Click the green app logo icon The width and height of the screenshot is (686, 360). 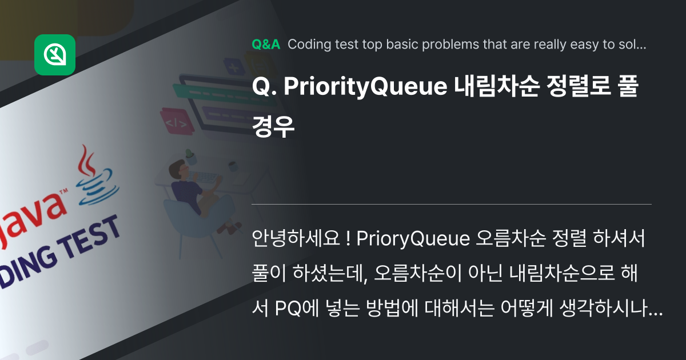coord(55,55)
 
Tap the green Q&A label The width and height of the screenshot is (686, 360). coord(266,45)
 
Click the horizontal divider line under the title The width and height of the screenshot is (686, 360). coord(452,204)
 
